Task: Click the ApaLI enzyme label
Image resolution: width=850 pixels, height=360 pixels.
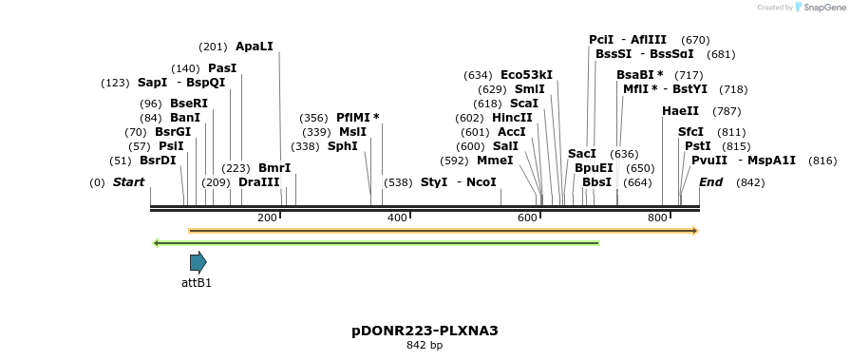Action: coord(254,47)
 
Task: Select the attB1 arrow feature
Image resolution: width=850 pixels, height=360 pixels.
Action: coord(198,262)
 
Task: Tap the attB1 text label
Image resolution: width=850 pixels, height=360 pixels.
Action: coord(197,283)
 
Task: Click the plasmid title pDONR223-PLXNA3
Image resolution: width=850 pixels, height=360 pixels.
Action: coord(425,331)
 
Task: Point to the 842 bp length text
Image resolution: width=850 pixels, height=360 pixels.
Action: coord(425,345)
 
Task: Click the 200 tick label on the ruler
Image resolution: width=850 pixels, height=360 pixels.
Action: coord(267,218)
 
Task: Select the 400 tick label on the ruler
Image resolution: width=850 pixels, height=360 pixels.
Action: coord(397,218)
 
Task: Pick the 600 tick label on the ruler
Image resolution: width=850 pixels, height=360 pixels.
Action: coord(527,218)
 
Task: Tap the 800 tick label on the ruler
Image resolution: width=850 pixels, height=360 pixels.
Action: coord(657,218)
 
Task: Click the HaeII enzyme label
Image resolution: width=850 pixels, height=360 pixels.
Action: coord(680,111)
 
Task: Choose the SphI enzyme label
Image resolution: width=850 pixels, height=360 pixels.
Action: coord(343,146)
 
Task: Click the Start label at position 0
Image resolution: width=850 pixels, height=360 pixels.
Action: coord(129,181)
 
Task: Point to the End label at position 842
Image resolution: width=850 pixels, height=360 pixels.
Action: coord(711,181)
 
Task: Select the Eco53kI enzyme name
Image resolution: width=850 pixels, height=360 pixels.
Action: coord(526,75)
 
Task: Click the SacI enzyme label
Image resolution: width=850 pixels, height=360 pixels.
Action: coord(582,154)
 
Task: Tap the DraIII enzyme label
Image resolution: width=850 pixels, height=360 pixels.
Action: coord(259,181)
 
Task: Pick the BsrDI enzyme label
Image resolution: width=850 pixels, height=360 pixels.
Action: coord(158,161)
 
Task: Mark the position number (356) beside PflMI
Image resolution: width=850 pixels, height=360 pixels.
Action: coord(314,118)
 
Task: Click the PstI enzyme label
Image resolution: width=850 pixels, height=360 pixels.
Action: coord(698,146)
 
